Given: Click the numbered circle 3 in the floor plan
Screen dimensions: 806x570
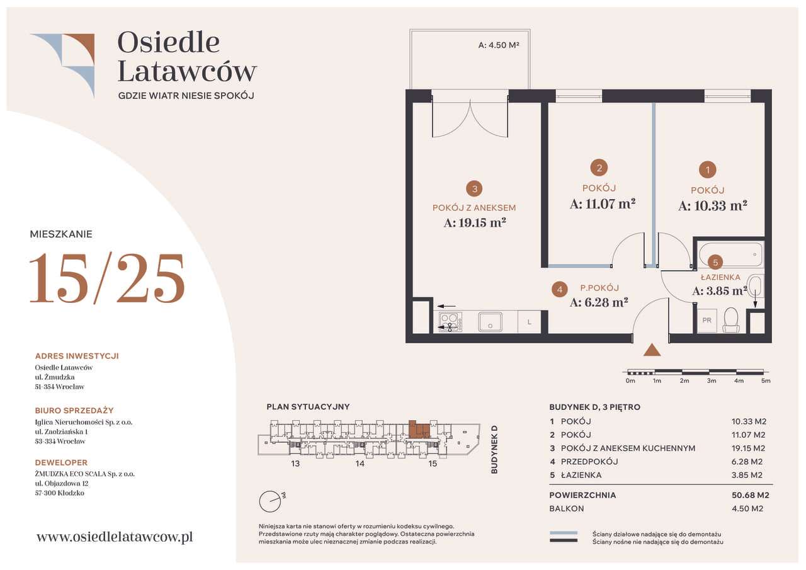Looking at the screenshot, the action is [474, 189].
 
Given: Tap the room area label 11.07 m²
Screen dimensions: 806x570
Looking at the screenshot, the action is [603, 204].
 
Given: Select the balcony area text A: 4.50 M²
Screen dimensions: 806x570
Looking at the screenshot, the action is [498, 45].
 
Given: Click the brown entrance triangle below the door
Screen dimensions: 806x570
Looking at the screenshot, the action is [652, 350].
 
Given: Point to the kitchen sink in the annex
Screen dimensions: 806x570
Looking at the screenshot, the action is [490, 322].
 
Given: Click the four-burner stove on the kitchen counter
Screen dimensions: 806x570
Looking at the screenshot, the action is [450, 322].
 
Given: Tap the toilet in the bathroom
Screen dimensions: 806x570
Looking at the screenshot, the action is [731, 319].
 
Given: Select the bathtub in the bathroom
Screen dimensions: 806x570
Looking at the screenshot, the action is [730, 254].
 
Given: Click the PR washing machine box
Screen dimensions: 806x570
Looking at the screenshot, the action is [707, 320].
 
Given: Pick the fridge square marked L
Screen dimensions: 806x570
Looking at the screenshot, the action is [529, 322].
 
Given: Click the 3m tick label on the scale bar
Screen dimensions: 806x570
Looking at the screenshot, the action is [712, 380].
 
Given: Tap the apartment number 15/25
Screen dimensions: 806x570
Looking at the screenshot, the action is [107, 278].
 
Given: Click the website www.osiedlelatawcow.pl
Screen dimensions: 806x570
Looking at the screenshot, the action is [115, 537].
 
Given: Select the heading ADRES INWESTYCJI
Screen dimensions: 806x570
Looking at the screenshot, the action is [77, 356].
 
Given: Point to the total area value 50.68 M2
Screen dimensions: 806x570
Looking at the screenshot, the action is [750, 495].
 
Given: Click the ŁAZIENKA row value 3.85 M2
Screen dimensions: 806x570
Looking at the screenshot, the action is [747, 475].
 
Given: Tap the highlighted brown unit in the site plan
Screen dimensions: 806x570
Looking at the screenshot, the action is [419, 430].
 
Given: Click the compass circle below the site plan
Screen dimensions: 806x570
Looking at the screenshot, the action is [270, 501].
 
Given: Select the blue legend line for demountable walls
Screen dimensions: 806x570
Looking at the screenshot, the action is [564, 533].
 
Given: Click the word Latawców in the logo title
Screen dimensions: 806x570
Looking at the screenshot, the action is [187, 71].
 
